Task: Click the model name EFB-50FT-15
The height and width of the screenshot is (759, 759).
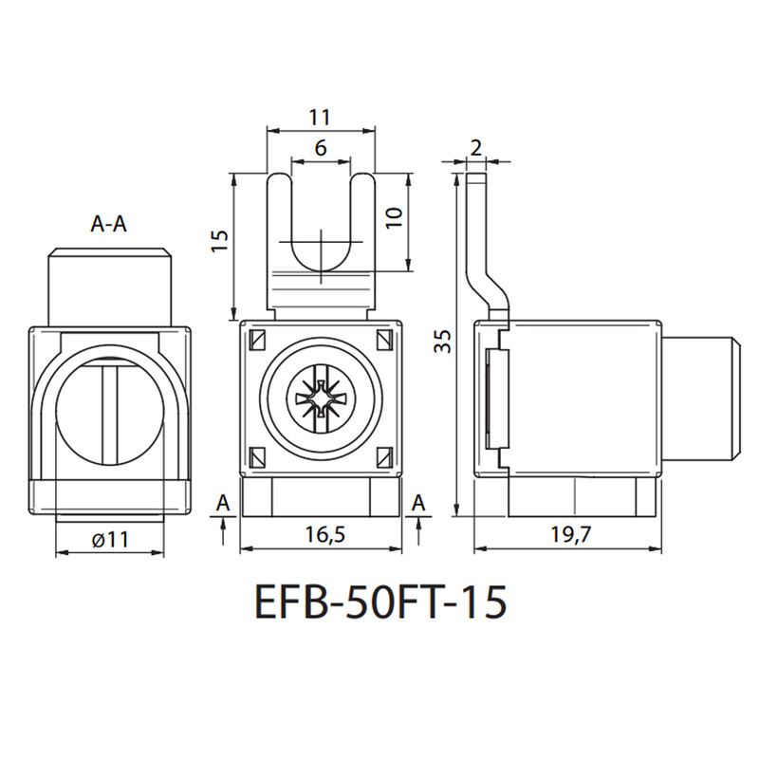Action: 380,602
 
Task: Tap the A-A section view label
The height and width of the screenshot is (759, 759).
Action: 109,224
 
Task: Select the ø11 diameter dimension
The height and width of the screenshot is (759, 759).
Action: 110,540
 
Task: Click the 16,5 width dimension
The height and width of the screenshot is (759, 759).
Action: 325,534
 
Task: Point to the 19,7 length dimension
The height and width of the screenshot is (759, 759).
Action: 571,534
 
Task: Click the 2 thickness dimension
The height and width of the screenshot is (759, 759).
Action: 476,148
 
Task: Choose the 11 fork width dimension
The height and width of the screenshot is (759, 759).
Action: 320,118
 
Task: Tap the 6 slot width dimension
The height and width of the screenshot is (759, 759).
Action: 321,148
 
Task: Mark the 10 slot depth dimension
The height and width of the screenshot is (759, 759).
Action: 395,218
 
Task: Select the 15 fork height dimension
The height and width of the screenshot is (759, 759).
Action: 219,241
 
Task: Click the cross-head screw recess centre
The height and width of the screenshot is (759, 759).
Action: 321,399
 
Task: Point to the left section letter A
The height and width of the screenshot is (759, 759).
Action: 223,503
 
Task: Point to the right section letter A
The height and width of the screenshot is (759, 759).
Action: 418,503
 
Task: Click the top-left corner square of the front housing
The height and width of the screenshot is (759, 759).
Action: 256,340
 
